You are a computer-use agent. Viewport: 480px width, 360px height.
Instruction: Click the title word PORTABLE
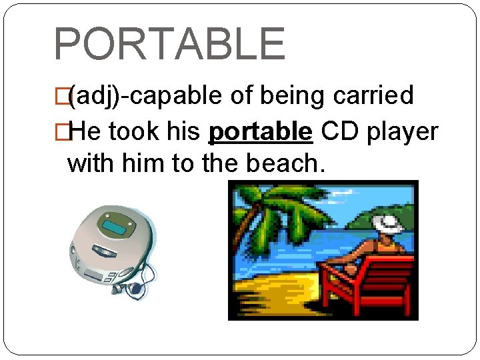[169, 44]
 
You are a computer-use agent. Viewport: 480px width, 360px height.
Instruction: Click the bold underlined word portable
[260, 133]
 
